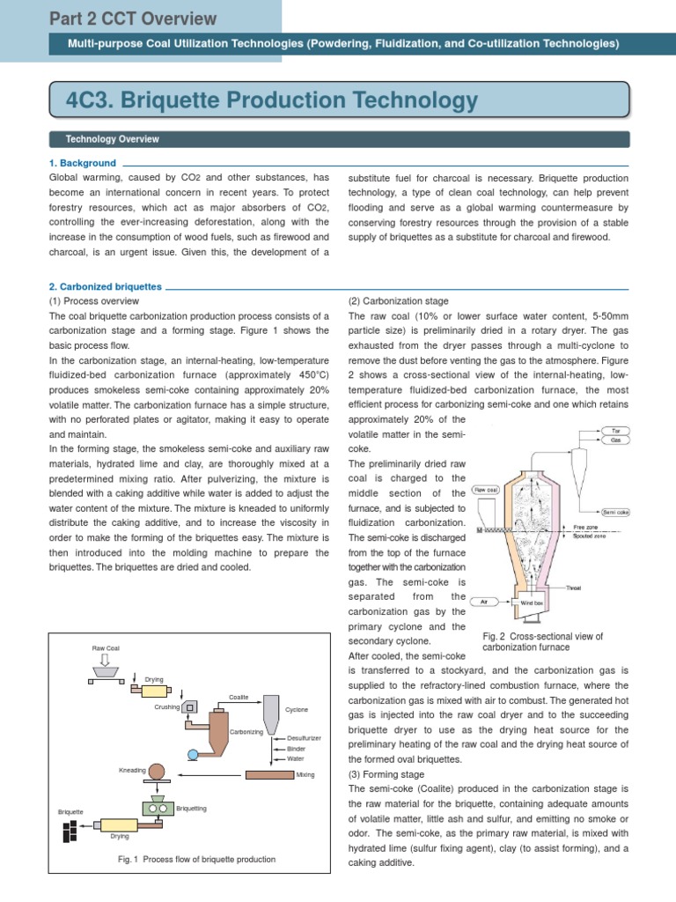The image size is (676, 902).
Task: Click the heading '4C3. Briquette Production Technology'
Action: point(272,102)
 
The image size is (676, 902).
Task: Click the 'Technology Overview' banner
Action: point(112,139)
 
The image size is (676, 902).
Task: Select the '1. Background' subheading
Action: point(83,163)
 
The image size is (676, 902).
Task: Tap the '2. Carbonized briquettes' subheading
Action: point(106,286)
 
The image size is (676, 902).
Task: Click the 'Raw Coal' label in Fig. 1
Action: point(105,647)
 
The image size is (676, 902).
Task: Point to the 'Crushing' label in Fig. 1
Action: point(166,706)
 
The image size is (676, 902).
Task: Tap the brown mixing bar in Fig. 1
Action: point(268,774)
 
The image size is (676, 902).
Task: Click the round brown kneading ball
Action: point(157,771)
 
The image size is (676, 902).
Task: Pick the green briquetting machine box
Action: point(158,807)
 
